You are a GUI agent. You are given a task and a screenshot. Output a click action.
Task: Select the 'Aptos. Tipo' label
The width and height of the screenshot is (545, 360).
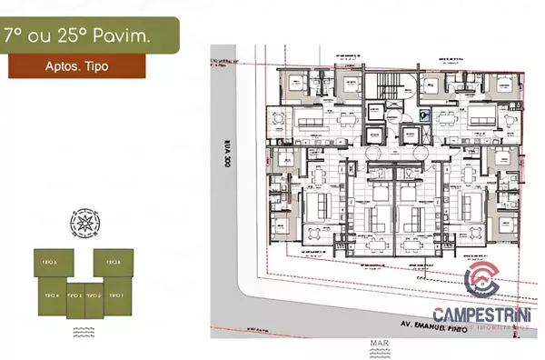coord(76,65)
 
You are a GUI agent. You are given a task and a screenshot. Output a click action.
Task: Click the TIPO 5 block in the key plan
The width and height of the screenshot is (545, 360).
coord(51,263)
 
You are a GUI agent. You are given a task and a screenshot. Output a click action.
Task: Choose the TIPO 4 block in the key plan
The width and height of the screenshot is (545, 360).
coord(51,295)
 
